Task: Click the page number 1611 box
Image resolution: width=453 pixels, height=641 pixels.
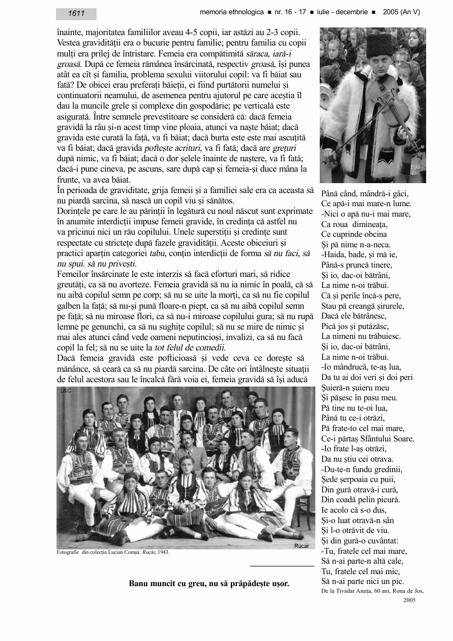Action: coord(76,14)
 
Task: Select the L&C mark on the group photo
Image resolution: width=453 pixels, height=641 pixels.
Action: coord(66,392)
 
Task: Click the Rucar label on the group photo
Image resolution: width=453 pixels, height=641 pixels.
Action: coord(302,546)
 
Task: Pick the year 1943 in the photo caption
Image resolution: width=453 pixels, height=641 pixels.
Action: coord(163,552)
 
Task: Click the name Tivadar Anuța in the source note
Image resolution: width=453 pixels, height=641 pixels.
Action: coord(364,591)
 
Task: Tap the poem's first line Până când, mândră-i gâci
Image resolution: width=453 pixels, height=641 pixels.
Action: coord(365,194)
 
